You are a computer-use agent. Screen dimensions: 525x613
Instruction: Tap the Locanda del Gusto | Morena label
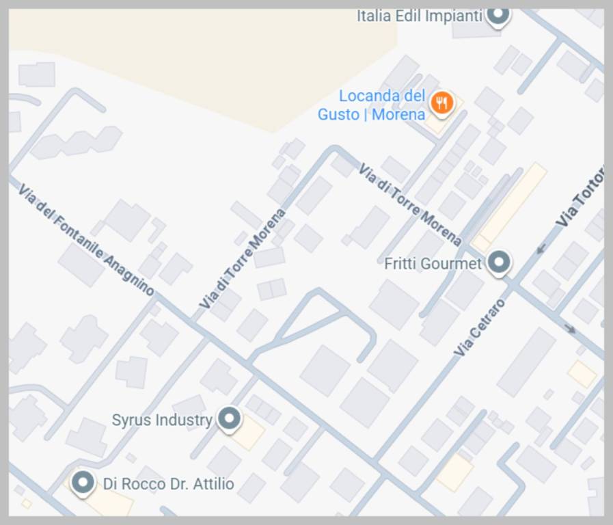pos(372,105)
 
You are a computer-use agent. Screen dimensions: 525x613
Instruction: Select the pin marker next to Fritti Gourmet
pos(499,262)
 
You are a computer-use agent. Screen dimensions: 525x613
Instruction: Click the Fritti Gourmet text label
pos(433,263)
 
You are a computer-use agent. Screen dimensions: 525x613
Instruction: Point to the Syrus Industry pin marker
pos(228,418)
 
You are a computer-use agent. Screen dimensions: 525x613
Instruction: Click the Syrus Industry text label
pos(162,420)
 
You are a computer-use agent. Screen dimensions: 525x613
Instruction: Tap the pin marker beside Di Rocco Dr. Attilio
pos(83,483)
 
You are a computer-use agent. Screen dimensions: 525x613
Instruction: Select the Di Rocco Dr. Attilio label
pos(168,485)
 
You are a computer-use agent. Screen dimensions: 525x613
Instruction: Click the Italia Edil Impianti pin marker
pos(498,14)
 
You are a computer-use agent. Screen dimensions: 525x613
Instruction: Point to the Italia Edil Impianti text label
pos(420,16)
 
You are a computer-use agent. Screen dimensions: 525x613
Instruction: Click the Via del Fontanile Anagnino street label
pos(85,240)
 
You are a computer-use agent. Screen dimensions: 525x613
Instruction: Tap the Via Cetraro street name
pos(480,327)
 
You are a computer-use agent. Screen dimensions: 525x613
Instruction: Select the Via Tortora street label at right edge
pos(581,198)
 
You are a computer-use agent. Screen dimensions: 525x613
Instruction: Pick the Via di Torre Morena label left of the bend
pos(243,258)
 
